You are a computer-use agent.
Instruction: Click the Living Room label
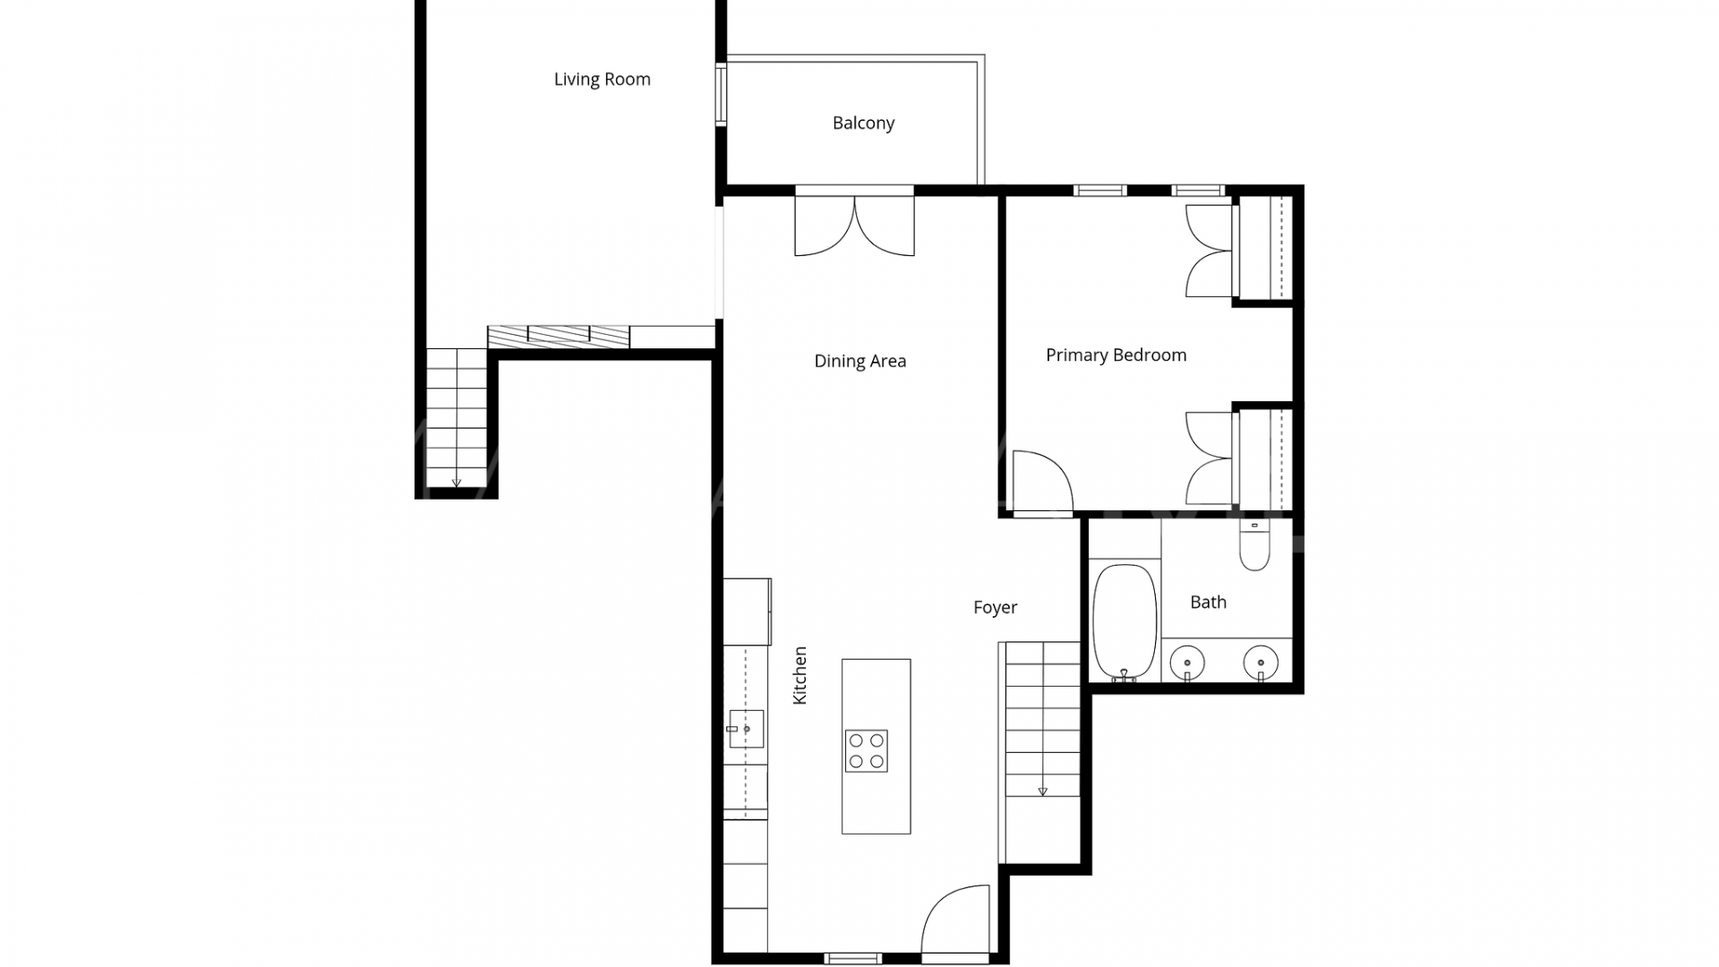[x=602, y=79]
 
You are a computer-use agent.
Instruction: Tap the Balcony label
[x=863, y=124]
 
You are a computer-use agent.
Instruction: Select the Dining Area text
[x=859, y=361]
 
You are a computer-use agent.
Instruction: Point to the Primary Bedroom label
[x=1116, y=355]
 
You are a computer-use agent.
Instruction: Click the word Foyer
[x=995, y=608]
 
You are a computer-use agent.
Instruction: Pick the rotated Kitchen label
[x=800, y=675]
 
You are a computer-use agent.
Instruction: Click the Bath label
[x=1208, y=603]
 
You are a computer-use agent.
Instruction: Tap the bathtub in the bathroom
[x=1125, y=621]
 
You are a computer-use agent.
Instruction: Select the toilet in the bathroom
[x=1254, y=545]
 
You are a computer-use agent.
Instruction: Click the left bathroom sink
[x=1187, y=663]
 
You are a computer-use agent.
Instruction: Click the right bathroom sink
[x=1261, y=663]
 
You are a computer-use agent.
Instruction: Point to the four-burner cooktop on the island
[x=866, y=750]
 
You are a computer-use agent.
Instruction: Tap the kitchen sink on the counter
[x=746, y=729]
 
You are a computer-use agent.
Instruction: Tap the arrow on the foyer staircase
[x=1042, y=792]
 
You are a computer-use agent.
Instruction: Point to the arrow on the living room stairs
[x=457, y=483]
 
